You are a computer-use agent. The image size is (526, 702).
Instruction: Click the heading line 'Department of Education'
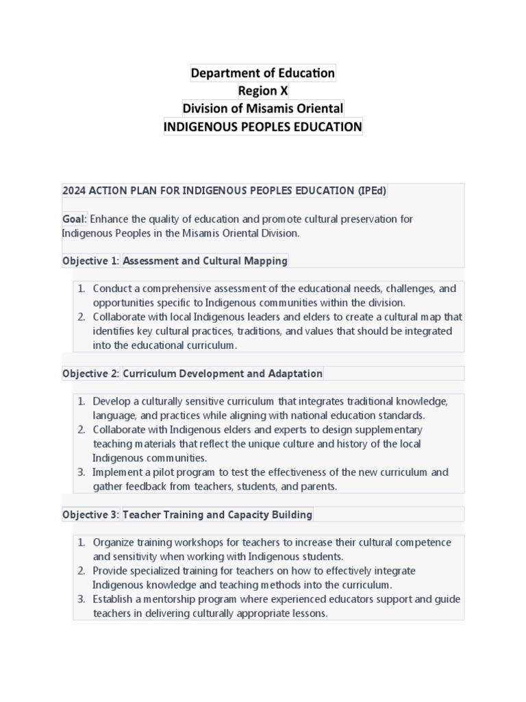click(x=263, y=73)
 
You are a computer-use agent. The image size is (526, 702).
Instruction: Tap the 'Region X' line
click(x=263, y=90)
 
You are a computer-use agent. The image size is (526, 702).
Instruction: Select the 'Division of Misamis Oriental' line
click(x=263, y=108)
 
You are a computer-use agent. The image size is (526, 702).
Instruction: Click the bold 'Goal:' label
click(x=75, y=219)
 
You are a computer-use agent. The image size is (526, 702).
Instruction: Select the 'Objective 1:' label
click(x=91, y=261)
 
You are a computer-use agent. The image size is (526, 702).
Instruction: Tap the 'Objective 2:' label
click(x=91, y=374)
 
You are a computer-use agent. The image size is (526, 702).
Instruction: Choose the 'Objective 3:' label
click(x=91, y=514)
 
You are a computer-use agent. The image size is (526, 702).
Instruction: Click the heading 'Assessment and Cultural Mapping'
click(x=205, y=261)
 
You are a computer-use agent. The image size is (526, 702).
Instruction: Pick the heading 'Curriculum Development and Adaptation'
click(x=222, y=374)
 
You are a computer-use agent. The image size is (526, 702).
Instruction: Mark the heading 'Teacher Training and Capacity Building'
click(x=217, y=514)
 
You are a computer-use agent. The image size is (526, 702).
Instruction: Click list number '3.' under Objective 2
click(x=81, y=472)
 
